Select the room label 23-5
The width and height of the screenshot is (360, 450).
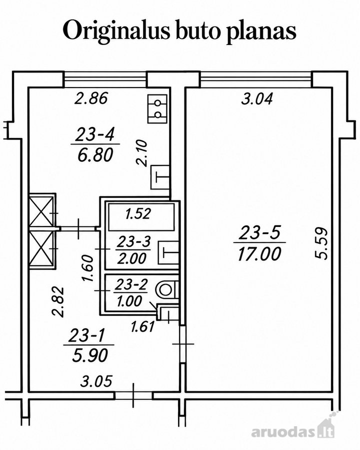pos(259,232)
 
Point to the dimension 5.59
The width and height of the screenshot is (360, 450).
pos(320,243)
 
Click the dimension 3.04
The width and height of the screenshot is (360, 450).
pos(256,99)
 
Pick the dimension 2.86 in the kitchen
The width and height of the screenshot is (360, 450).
pos(91,98)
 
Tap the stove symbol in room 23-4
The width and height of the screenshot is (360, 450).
pos(157,109)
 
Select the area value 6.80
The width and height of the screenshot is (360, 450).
pos(95,155)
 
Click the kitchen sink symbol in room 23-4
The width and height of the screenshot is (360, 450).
pos(160,177)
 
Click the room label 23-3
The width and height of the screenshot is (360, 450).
pos(134,242)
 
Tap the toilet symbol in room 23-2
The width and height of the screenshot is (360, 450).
pos(165,289)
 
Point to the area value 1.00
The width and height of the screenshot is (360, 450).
pos(129,301)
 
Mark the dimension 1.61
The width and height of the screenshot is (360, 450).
pos(142,327)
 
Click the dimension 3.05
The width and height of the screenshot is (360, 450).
pos(96,381)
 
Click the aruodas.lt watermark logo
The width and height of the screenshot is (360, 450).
pos(293,431)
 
